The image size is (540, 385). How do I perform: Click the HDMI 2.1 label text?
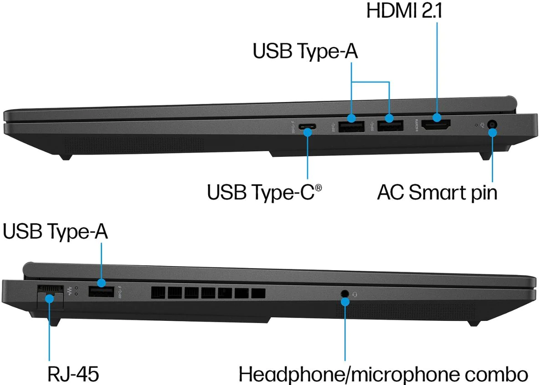tap(404, 11)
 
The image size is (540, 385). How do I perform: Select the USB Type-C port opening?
tap(308, 127)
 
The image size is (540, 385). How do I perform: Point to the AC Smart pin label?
tap(437, 192)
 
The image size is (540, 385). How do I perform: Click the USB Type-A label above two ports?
tap(305, 51)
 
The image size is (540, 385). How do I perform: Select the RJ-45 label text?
tap(73, 374)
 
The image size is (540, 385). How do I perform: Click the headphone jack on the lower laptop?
tap(345, 294)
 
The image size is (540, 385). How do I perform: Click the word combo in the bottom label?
tap(501, 374)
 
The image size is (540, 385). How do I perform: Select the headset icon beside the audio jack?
tap(355, 294)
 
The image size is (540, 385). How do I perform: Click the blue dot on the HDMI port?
tap(437, 118)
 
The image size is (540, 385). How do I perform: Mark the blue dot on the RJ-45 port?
tap(48, 298)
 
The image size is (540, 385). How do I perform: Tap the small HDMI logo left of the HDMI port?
tap(415, 124)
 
